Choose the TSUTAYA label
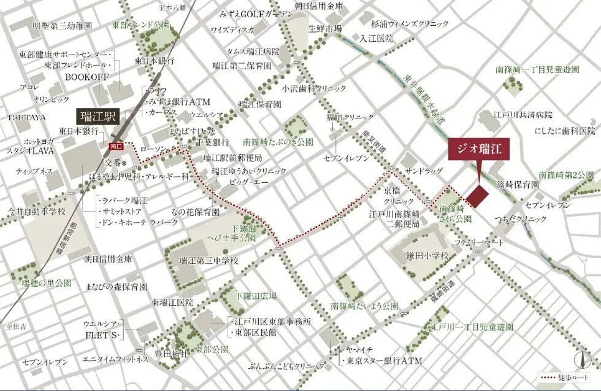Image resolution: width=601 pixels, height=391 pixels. (23, 117)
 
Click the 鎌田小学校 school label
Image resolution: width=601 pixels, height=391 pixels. (427, 255)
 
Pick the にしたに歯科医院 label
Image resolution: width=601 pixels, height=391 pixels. (565, 131)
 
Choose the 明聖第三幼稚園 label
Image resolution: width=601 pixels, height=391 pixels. (62, 26)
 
